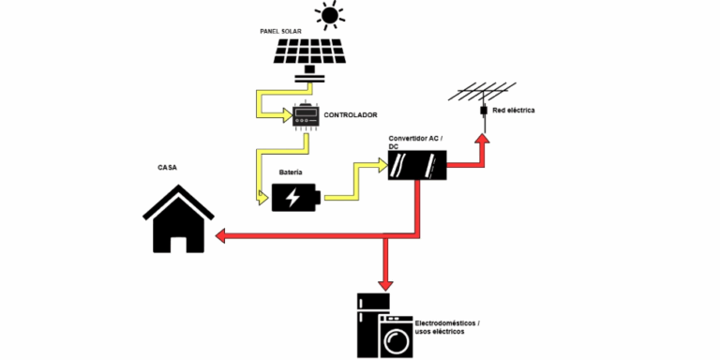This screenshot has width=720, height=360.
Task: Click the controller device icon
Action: point(305,116)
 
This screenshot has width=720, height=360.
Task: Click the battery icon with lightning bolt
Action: point(294,197)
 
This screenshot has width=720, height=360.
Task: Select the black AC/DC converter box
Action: point(417,166)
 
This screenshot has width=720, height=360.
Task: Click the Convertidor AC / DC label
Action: point(414,142)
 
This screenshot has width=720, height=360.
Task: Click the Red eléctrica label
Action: point(513,111)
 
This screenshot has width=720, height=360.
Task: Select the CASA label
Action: point(168,168)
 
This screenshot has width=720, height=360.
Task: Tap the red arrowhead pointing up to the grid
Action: point(483,139)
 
